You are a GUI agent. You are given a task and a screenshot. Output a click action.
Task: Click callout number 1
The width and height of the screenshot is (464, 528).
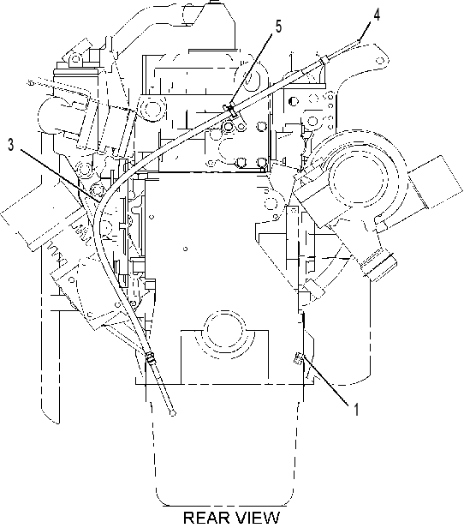(356, 410)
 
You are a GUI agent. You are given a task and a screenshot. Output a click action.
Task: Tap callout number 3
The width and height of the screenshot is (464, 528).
(11, 145)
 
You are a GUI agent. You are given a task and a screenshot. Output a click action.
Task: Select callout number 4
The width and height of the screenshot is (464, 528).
(377, 15)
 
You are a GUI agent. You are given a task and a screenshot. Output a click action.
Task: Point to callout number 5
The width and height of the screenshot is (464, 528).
(279, 27)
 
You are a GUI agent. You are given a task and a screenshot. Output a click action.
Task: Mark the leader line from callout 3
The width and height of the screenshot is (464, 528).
(60, 176)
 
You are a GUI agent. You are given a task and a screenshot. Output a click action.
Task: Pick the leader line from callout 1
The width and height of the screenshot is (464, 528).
(324, 379)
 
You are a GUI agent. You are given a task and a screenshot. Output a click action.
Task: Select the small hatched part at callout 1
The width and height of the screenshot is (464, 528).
(298, 357)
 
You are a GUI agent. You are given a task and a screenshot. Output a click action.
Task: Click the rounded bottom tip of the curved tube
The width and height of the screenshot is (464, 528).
(172, 413)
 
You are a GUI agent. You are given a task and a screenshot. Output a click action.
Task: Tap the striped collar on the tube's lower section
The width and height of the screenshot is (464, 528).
(151, 357)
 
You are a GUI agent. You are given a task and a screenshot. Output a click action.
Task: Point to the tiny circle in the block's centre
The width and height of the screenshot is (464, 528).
(185, 249)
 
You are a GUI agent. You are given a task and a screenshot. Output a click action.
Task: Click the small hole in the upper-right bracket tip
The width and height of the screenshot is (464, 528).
(380, 61)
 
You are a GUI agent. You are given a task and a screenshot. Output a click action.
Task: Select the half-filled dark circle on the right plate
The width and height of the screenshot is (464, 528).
(294, 100)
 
